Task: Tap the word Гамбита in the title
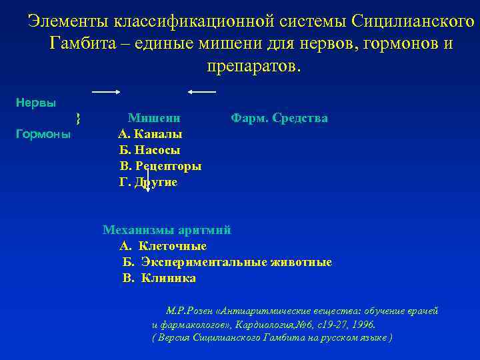(x=79, y=45)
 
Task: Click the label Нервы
(x=35, y=103)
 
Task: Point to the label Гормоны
(x=43, y=133)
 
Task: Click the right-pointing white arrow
(x=105, y=90)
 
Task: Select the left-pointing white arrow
(x=202, y=90)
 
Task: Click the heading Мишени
(x=154, y=118)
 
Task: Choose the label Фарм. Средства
(x=279, y=118)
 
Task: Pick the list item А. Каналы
(x=150, y=134)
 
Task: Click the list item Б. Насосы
(x=149, y=150)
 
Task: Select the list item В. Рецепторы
(x=160, y=166)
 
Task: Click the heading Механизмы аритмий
(x=167, y=230)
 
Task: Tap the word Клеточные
(x=172, y=246)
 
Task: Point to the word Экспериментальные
(x=204, y=262)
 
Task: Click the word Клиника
(x=169, y=278)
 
